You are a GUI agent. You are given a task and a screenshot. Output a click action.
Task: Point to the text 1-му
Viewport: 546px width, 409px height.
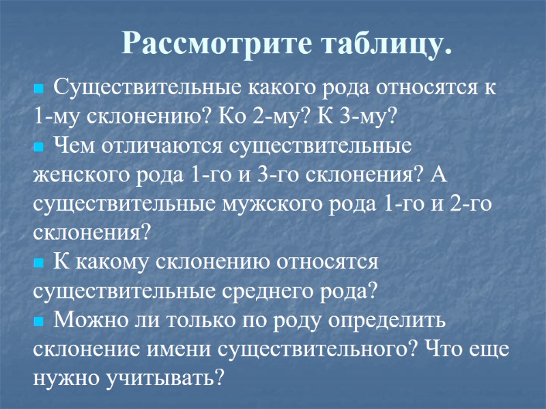(56, 116)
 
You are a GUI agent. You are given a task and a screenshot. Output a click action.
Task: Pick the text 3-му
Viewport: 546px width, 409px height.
(371, 116)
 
